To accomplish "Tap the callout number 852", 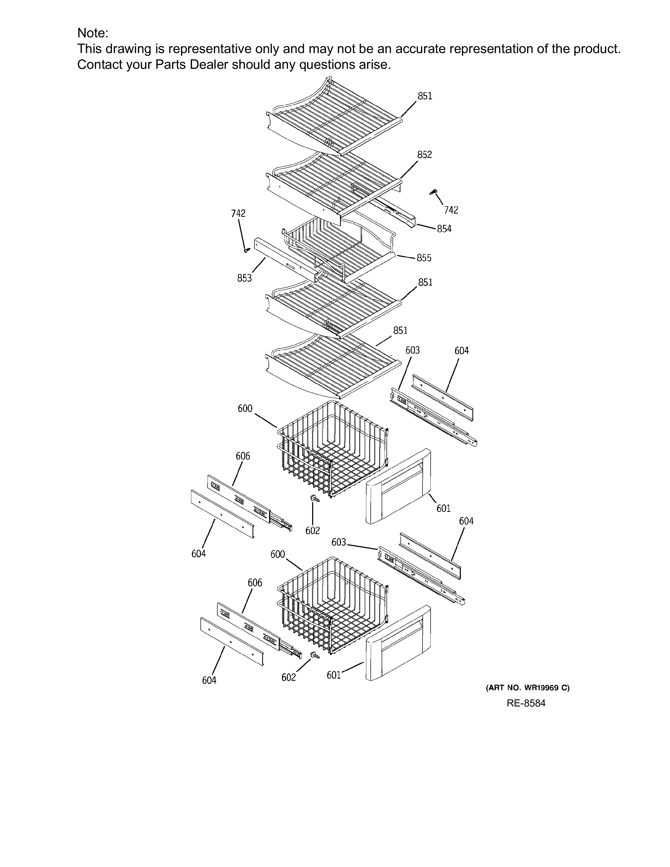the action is [x=424, y=155].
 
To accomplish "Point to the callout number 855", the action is [x=424, y=258].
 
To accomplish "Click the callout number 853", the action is [x=245, y=278].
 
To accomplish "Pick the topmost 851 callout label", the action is [x=425, y=96].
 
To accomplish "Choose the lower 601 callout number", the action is [x=334, y=675].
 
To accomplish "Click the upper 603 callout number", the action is [x=413, y=350].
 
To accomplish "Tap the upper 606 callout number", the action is [x=243, y=456].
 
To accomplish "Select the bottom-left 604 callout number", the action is [x=209, y=680].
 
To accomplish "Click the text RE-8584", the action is [x=526, y=703].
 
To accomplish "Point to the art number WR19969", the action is [x=540, y=688].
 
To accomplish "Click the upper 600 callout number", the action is [x=245, y=409].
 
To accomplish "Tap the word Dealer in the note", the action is [x=209, y=64].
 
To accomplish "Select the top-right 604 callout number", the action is [x=462, y=351].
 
